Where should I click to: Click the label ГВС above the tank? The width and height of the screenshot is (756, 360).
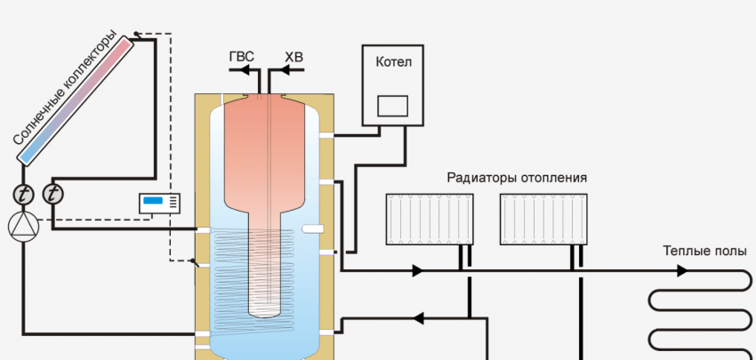point(240,57)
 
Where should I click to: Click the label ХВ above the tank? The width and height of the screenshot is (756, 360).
point(294,57)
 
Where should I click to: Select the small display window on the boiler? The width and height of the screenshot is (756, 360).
point(392,107)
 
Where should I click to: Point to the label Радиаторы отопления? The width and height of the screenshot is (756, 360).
point(516,178)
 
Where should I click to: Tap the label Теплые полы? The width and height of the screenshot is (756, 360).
point(704,251)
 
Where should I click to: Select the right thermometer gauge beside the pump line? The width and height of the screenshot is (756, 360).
point(53,193)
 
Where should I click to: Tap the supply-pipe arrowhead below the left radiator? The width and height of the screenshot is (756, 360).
point(416,270)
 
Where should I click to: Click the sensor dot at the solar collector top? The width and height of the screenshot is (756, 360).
point(134,36)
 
